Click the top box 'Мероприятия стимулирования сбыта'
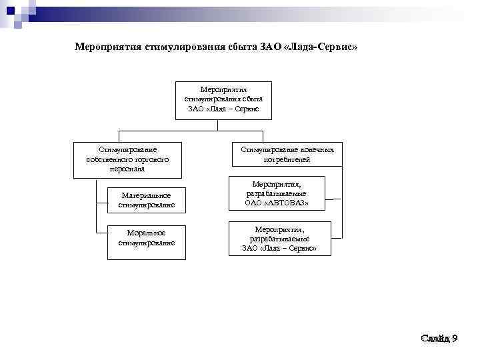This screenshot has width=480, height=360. coord(224,100)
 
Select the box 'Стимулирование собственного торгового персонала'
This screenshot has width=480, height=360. coord(127,159)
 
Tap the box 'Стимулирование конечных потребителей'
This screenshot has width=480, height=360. coord(287,154)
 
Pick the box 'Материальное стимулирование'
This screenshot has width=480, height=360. coord(147,200)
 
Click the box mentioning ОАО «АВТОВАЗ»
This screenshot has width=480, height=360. coord(277,193)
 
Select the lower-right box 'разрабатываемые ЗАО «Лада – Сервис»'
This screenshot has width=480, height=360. coord(279,238)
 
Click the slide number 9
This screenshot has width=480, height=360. coord(454,339)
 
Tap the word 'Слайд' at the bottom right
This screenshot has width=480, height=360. coord(435,339)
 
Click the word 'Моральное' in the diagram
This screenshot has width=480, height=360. coord(146,232)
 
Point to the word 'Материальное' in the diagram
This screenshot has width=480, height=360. coord(146,195)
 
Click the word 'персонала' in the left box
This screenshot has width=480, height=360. coord(127,169)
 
